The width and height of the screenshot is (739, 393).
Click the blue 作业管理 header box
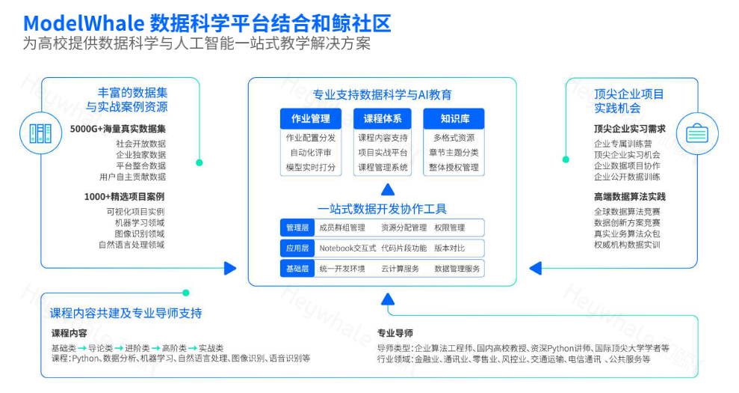[x=311, y=118]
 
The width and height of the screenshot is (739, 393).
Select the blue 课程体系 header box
[x=383, y=118]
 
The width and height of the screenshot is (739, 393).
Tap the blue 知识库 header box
[x=454, y=118]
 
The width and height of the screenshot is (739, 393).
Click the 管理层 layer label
[x=297, y=228]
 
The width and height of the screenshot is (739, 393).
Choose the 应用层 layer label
[x=297, y=248]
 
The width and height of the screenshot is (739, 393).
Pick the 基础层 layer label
[x=297, y=268]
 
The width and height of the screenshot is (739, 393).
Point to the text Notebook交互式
[x=347, y=248]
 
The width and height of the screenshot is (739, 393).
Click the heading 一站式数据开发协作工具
[x=382, y=209]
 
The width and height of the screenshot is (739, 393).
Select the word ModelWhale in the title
[x=83, y=22]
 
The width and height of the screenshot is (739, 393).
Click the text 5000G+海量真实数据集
[x=118, y=129]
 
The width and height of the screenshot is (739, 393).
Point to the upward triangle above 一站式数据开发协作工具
[x=386, y=189]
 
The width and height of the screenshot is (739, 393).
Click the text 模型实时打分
[x=311, y=167]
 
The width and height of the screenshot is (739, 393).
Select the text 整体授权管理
[x=454, y=167]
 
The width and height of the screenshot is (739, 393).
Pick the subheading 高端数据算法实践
[x=630, y=197]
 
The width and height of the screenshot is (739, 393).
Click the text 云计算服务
[x=400, y=268]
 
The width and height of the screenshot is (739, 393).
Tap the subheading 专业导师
[x=395, y=333]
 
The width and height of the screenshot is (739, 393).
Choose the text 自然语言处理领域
[x=132, y=244]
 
